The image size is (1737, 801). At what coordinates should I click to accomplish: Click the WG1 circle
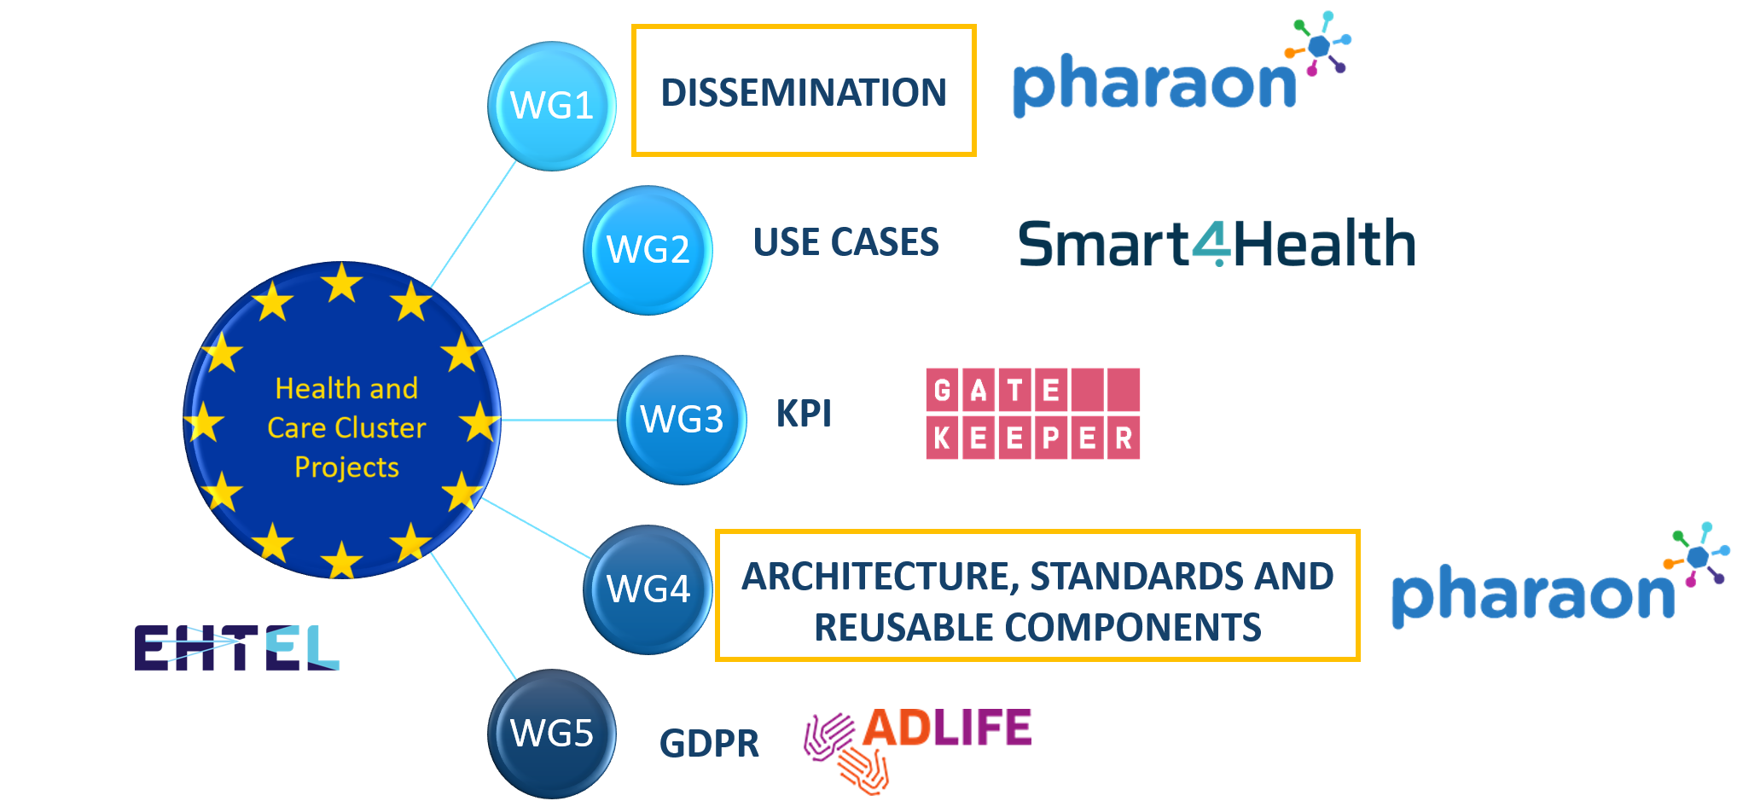click(552, 107)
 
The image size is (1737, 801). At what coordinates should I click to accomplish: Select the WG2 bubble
click(648, 251)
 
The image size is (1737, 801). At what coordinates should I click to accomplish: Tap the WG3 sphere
click(682, 420)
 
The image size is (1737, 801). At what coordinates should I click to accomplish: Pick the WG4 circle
click(648, 589)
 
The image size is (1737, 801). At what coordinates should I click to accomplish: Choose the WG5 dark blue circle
click(552, 734)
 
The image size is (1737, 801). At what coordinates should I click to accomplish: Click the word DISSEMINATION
click(804, 92)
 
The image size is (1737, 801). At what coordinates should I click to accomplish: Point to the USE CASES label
click(845, 242)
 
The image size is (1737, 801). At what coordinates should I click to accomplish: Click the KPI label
click(804, 414)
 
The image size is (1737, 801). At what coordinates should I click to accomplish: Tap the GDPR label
click(709, 743)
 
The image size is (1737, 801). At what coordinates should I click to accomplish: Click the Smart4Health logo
click(1217, 243)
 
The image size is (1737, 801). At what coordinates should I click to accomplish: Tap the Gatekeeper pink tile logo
click(1033, 414)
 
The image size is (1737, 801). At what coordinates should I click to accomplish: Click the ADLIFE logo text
click(947, 728)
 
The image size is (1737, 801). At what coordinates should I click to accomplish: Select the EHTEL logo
click(236, 647)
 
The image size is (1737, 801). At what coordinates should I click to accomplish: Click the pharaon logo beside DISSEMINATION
click(1182, 67)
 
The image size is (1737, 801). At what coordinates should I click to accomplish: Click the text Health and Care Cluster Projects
click(346, 427)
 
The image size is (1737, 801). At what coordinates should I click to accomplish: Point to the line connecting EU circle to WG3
click(560, 420)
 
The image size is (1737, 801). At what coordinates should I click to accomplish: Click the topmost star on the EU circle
click(342, 282)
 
